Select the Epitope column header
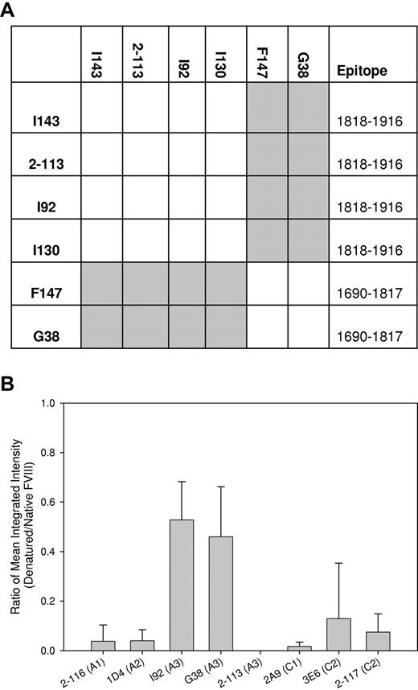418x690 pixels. click(x=361, y=71)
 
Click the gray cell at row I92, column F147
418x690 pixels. click(x=268, y=197)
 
